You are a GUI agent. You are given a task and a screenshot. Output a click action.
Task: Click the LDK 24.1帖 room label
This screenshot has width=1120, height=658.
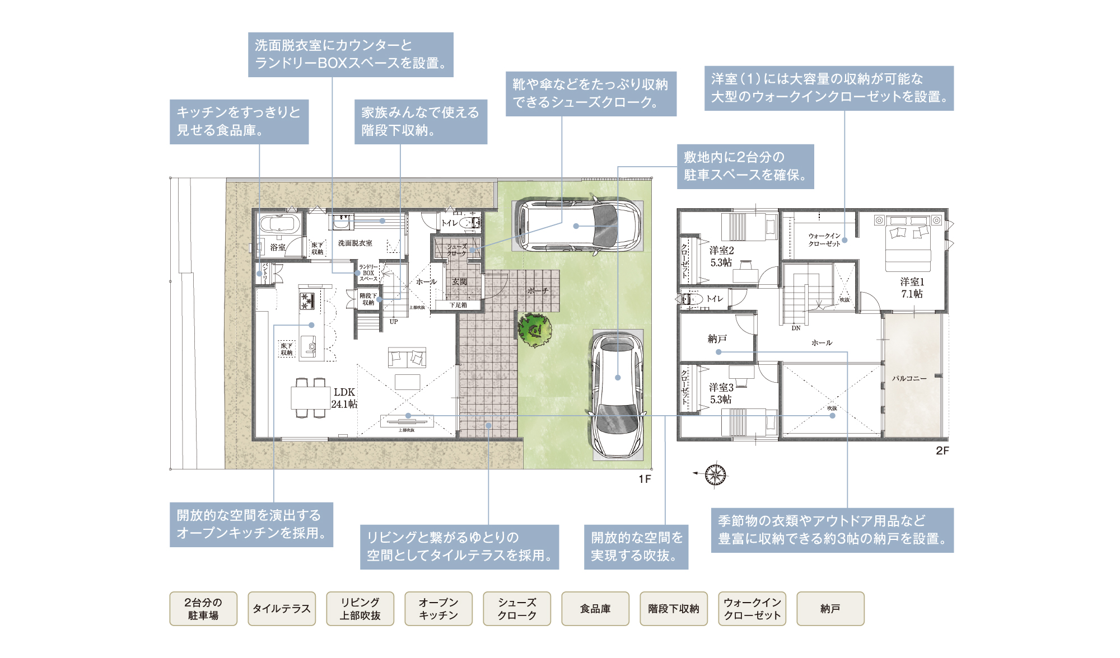tap(344, 398)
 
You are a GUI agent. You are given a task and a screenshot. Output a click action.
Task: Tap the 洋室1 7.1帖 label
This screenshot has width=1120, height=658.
tap(912, 288)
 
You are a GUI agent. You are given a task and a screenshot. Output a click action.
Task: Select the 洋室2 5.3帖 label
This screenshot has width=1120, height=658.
tap(721, 256)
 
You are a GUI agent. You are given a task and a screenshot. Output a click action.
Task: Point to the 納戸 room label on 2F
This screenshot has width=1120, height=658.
tap(717, 339)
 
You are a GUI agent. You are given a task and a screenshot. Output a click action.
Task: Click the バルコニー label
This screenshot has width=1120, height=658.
tap(909, 378)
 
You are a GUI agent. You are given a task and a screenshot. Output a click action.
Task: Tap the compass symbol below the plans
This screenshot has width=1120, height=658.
tap(715, 474)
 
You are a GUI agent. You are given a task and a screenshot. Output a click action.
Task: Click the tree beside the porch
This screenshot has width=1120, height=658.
tap(534, 330)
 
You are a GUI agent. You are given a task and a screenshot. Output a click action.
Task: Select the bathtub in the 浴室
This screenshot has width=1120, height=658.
tap(280, 223)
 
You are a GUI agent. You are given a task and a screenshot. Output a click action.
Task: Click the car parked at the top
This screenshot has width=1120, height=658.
tap(577, 225)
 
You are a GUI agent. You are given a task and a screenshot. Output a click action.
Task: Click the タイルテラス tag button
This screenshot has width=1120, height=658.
tap(281, 609)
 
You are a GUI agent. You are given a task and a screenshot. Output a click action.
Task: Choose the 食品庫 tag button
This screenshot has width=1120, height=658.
tap(595, 609)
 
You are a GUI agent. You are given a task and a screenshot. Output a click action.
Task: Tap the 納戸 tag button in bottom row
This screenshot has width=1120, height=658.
tap(830, 609)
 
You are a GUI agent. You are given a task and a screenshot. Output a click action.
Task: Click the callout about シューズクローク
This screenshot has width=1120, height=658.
tap(591, 93)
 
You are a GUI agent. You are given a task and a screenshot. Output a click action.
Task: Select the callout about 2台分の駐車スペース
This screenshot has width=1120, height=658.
tap(745, 166)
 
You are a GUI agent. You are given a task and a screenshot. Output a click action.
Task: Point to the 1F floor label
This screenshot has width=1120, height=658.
tap(645, 479)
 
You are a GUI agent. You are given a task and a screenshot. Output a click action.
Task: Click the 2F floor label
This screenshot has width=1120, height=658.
tap(942, 450)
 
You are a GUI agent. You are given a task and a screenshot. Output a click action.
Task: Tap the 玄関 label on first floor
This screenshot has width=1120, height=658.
tap(459, 282)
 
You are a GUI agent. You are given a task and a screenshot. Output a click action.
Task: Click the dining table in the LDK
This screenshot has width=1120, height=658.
tap(310, 398)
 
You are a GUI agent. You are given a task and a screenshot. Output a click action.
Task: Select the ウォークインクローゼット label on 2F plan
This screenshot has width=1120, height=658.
tap(824, 239)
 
